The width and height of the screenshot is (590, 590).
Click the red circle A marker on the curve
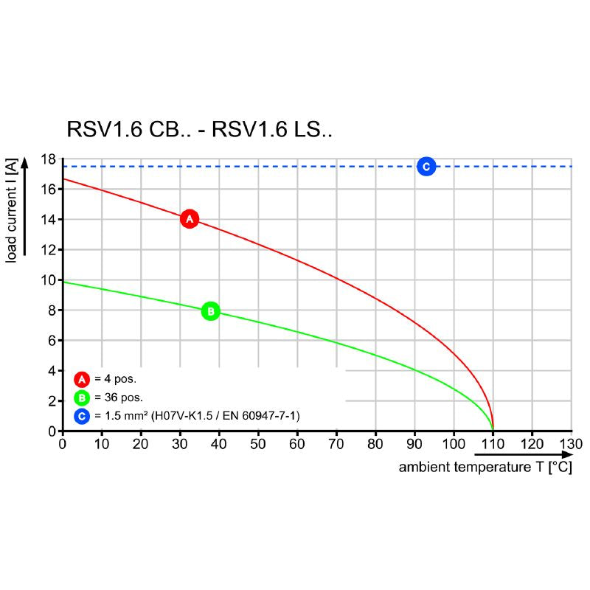click(x=190, y=219)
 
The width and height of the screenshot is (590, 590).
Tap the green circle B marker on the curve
click(x=210, y=311)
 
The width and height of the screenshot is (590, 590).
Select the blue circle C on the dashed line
click(x=426, y=167)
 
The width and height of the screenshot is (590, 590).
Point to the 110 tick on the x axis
click(x=493, y=444)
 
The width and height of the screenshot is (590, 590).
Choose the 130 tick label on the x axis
click(x=572, y=444)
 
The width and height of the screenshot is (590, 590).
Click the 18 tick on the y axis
click(x=49, y=159)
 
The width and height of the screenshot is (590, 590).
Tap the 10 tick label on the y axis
click(x=49, y=280)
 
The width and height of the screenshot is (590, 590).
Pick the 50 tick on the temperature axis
click(x=258, y=444)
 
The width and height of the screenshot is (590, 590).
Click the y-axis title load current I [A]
click(x=12, y=210)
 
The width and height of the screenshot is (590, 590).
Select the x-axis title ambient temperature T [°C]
click(x=485, y=468)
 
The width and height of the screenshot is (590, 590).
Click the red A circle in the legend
click(x=82, y=380)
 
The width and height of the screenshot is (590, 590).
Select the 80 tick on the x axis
click(x=375, y=444)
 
